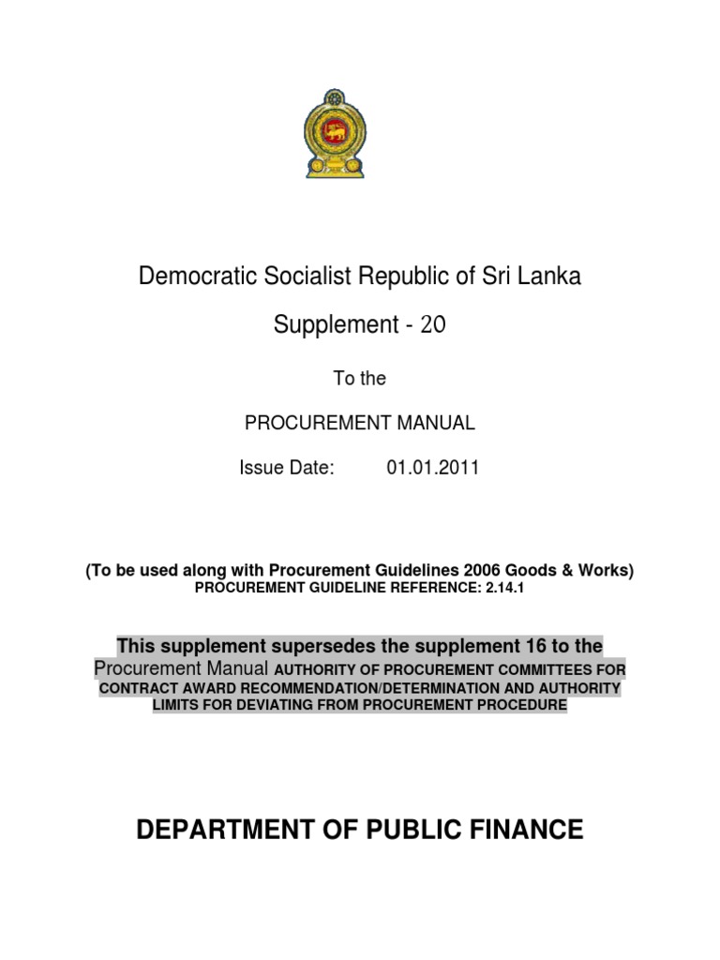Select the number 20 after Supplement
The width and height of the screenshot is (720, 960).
click(x=434, y=325)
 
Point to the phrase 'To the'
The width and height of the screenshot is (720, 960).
click(x=359, y=379)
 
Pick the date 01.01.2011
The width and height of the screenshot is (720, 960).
click(x=432, y=469)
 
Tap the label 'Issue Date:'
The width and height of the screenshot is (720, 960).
click(x=287, y=469)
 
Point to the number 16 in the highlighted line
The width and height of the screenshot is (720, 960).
click(x=527, y=646)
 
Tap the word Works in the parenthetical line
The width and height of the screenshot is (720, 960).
click(x=606, y=571)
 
